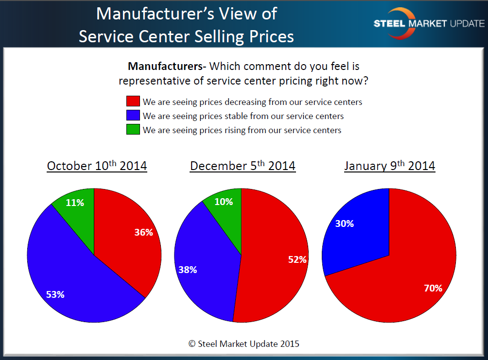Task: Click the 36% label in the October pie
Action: point(143,233)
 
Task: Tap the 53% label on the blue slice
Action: point(55,294)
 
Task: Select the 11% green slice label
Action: point(74,203)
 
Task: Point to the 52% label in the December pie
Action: point(297,260)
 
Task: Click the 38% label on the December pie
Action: point(187,270)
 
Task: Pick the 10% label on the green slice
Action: point(223,202)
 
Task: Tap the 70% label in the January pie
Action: point(433,288)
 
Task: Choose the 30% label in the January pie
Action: point(344,224)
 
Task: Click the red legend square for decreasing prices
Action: point(133,102)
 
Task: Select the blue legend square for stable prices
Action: point(133,116)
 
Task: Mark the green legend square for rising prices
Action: point(133,130)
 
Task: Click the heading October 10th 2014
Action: point(97,166)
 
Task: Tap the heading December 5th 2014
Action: point(243,166)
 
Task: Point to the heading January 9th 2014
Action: point(389,166)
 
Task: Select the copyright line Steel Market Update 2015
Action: point(244,343)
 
